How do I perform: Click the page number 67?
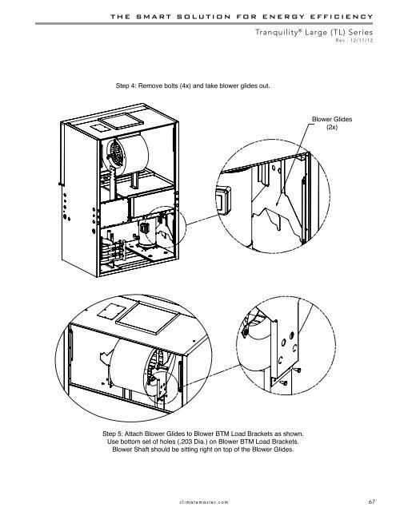[371, 501]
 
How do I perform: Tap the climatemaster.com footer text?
[204, 502]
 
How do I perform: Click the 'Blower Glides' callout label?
[332, 119]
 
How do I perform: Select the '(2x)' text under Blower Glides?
[332, 127]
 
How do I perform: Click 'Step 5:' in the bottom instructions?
[112, 434]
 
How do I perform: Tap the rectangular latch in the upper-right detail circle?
[223, 200]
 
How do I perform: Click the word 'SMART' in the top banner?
[154, 17]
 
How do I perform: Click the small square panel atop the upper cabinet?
[100, 128]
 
